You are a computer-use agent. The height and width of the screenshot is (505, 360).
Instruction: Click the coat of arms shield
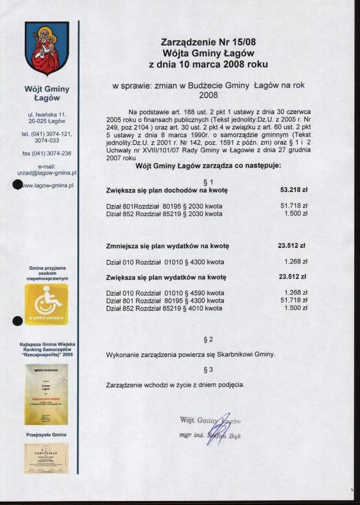point(47,48)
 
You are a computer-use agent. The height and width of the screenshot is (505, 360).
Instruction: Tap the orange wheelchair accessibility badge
point(46,304)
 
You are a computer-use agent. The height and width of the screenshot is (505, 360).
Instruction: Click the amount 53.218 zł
point(294,189)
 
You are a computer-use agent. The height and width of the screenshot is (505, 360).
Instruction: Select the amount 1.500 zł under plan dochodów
point(296,213)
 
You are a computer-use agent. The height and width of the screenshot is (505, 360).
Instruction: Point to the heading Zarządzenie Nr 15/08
point(208,42)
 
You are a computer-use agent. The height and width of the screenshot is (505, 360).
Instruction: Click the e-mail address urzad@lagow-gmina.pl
point(47,172)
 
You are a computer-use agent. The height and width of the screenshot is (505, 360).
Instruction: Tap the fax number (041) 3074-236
point(47,153)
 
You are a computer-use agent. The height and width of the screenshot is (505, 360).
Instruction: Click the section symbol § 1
point(208,181)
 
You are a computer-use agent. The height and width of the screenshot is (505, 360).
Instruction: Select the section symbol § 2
point(208,339)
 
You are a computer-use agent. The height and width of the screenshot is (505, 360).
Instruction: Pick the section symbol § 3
point(208,369)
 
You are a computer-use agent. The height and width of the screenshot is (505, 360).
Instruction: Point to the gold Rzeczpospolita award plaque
point(46,394)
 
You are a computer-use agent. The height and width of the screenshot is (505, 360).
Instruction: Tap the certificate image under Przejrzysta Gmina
point(46,458)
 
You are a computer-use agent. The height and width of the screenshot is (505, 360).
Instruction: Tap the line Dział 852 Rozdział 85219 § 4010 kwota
point(164,308)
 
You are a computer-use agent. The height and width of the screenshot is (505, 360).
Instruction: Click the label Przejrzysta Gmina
point(46,434)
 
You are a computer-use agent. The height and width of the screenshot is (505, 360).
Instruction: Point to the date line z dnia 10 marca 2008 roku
point(208,63)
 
